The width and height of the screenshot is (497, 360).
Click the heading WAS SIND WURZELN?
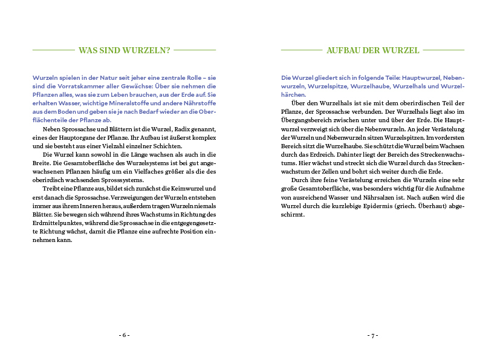124,50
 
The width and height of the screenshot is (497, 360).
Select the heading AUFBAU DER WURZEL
372,50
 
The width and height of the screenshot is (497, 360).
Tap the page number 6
124,335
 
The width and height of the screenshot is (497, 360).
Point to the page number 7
372,335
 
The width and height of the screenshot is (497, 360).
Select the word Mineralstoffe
133,103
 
